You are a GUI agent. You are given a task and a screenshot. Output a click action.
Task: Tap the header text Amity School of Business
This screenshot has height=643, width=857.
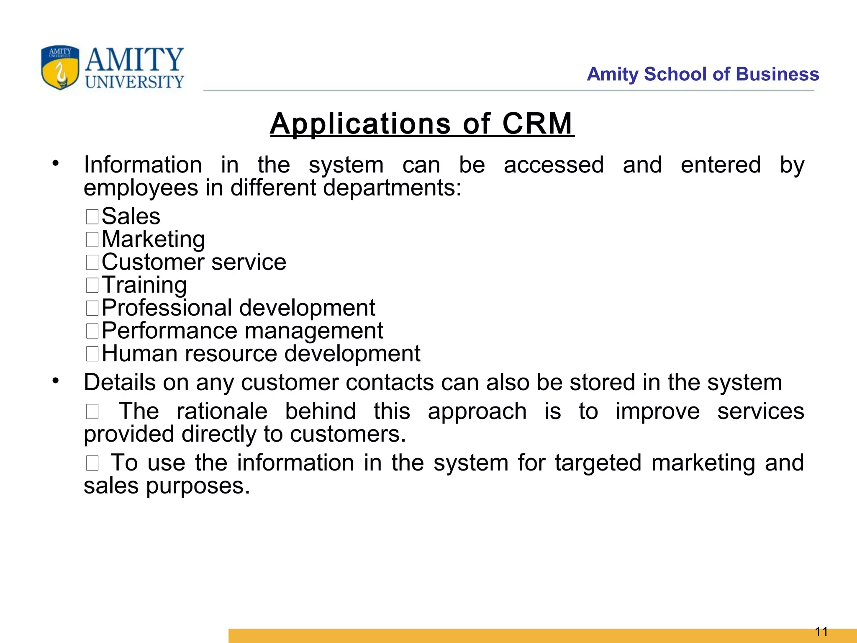(703, 74)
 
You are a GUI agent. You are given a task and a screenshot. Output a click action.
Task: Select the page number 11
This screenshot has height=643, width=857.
(821, 631)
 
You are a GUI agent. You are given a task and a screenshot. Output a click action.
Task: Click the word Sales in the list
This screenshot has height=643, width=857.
(131, 216)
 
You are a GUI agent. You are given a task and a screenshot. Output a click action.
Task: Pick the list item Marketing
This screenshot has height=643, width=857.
(153, 239)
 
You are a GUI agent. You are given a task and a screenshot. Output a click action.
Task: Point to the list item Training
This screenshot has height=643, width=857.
(144, 285)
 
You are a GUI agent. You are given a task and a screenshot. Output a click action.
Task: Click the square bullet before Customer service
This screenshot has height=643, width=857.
(92, 262)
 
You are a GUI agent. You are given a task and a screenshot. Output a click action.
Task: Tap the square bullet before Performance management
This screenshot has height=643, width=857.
(92, 331)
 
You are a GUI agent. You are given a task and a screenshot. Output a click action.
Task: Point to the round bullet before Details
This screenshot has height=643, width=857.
(56, 381)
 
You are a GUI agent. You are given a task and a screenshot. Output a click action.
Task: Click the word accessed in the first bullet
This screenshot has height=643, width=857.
(554, 165)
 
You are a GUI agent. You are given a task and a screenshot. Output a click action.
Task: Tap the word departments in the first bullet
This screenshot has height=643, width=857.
(392, 188)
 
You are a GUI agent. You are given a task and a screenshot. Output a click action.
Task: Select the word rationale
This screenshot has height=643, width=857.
(222, 411)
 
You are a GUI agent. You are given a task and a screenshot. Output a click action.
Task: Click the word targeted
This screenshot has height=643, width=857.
(598, 463)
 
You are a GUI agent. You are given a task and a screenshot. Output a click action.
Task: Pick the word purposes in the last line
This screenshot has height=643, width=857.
(198, 486)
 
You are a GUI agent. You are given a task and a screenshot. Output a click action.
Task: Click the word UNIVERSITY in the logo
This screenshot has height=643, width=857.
(134, 82)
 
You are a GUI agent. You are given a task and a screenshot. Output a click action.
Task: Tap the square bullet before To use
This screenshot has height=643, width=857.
(92, 463)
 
